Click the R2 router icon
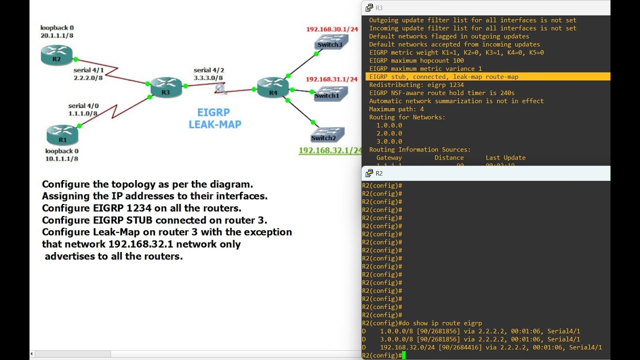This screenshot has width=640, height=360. [x=56, y=54]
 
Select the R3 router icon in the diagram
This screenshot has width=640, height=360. [x=165, y=86]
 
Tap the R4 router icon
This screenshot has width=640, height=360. [x=272, y=86]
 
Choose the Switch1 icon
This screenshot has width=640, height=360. [x=327, y=94]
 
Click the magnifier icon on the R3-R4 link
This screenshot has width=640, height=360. [x=220, y=89]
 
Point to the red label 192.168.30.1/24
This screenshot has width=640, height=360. [x=332, y=29]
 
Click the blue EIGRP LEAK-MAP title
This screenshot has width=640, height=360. [x=214, y=118]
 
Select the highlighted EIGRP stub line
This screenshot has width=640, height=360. [x=443, y=77]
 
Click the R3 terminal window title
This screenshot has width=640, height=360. [x=378, y=7]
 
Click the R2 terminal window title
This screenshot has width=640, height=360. [x=378, y=173]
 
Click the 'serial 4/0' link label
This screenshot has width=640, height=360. [x=83, y=106]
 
